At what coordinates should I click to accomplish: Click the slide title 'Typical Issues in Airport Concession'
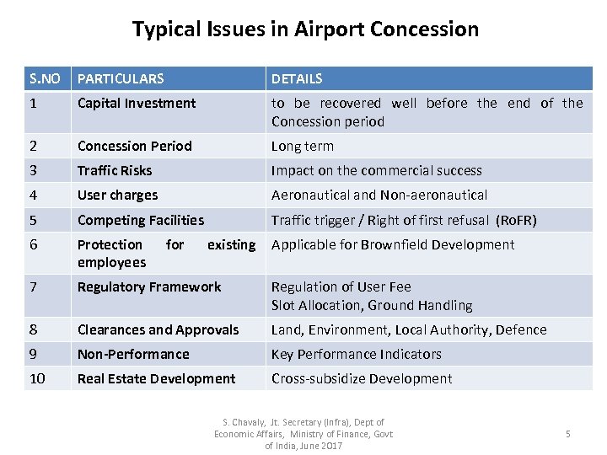coord(304,29)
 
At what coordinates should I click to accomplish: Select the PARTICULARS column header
coord(121,78)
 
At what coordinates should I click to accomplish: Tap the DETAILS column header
coord(297,78)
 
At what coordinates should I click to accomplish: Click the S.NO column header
coord(46,78)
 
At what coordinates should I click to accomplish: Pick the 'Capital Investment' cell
coord(137,104)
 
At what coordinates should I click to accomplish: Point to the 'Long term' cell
coord(302,146)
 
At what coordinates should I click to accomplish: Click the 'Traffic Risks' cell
coord(115,170)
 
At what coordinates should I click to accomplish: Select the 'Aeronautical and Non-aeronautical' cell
coord(379,195)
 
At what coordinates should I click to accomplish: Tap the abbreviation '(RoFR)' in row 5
coord(515,220)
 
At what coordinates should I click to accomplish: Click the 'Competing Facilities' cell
coord(141,220)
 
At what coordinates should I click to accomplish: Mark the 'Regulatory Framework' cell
coord(149,286)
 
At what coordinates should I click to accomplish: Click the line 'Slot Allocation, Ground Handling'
coord(372,305)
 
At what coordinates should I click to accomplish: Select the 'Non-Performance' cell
coord(133,354)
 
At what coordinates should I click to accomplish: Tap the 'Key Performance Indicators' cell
coord(357,354)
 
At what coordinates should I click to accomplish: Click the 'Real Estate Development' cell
coord(156,378)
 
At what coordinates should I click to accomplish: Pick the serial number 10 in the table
coord(37,378)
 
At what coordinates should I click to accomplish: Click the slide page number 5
coord(567,434)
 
